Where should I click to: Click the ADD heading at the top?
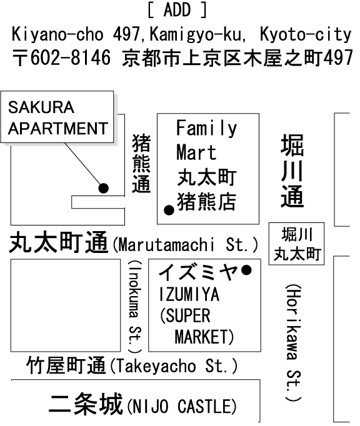point(177,10)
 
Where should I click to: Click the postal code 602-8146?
point(71,57)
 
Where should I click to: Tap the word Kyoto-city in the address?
point(306,35)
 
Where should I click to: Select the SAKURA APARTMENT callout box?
point(57,117)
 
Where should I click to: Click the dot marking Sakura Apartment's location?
point(104,188)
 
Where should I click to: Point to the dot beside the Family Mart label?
point(169,210)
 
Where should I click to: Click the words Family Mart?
point(207,140)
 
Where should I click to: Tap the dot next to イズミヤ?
point(247,270)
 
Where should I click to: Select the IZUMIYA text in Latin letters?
point(189,294)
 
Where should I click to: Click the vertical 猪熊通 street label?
point(141,164)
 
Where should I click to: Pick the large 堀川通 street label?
point(292,171)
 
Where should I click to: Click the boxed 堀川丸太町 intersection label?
point(297,244)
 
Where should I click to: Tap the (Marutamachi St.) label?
point(185,244)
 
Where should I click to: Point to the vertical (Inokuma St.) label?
point(135,307)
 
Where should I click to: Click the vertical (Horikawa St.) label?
point(294,343)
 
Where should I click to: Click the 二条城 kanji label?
point(86,404)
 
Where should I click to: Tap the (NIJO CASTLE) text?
point(182,406)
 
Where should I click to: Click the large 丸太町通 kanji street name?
point(59,242)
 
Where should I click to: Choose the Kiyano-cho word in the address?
point(57,35)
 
